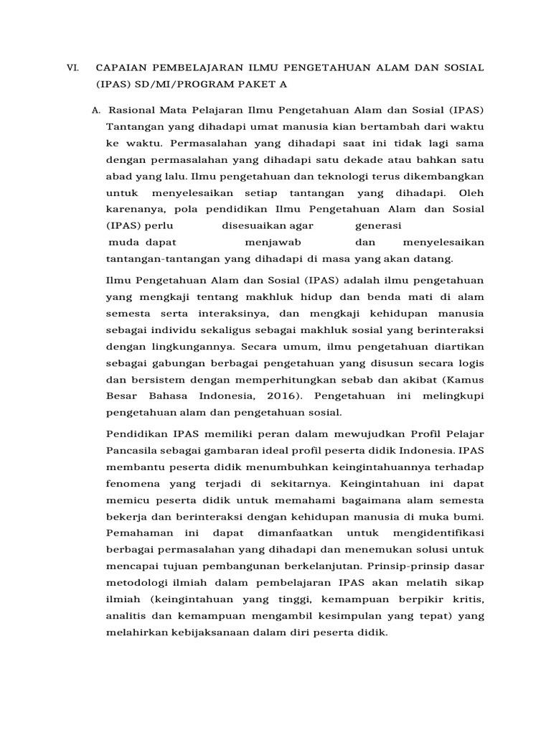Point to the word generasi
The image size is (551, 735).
coord(378,225)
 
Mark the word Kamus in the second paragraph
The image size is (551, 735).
coord(465,379)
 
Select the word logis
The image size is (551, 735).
coord(471,362)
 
